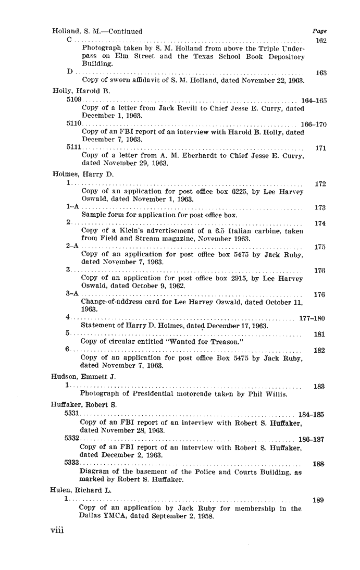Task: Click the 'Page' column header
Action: tap(318, 31)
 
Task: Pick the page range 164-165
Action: tap(313, 101)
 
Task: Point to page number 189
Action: tap(318, 500)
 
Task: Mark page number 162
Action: tap(320, 41)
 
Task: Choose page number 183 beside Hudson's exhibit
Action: tap(319, 387)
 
